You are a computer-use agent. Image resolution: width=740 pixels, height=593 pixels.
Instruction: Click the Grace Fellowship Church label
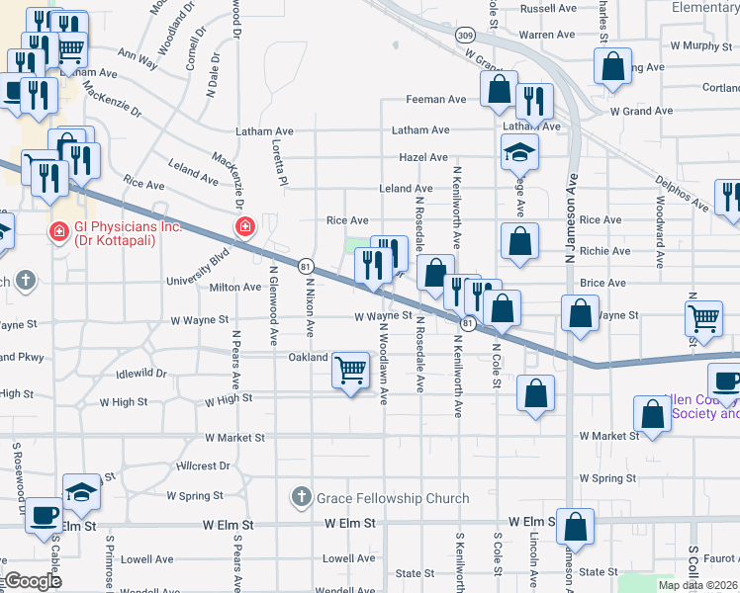(392, 497)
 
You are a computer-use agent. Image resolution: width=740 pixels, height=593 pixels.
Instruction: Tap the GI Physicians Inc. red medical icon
(59, 231)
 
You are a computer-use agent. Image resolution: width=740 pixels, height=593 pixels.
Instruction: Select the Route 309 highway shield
(465, 34)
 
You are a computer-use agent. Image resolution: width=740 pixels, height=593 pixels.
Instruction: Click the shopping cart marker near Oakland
(351, 370)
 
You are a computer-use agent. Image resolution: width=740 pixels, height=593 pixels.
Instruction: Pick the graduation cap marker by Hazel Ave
(517, 153)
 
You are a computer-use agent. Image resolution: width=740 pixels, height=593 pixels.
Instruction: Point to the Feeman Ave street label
(436, 100)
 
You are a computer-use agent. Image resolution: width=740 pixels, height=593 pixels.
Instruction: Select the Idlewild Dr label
(141, 373)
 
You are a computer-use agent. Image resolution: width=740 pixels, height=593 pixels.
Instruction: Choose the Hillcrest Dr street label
(203, 465)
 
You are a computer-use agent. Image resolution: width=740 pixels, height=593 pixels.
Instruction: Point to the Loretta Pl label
(279, 160)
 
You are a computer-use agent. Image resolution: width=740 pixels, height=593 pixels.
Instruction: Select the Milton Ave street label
(235, 288)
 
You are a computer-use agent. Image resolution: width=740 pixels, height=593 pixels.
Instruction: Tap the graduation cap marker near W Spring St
(81, 492)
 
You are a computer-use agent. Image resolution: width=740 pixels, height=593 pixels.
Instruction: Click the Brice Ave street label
(603, 283)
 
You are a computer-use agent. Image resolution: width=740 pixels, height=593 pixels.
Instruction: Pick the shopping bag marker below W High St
(535, 393)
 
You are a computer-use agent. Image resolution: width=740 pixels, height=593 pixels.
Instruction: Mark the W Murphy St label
(699, 45)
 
